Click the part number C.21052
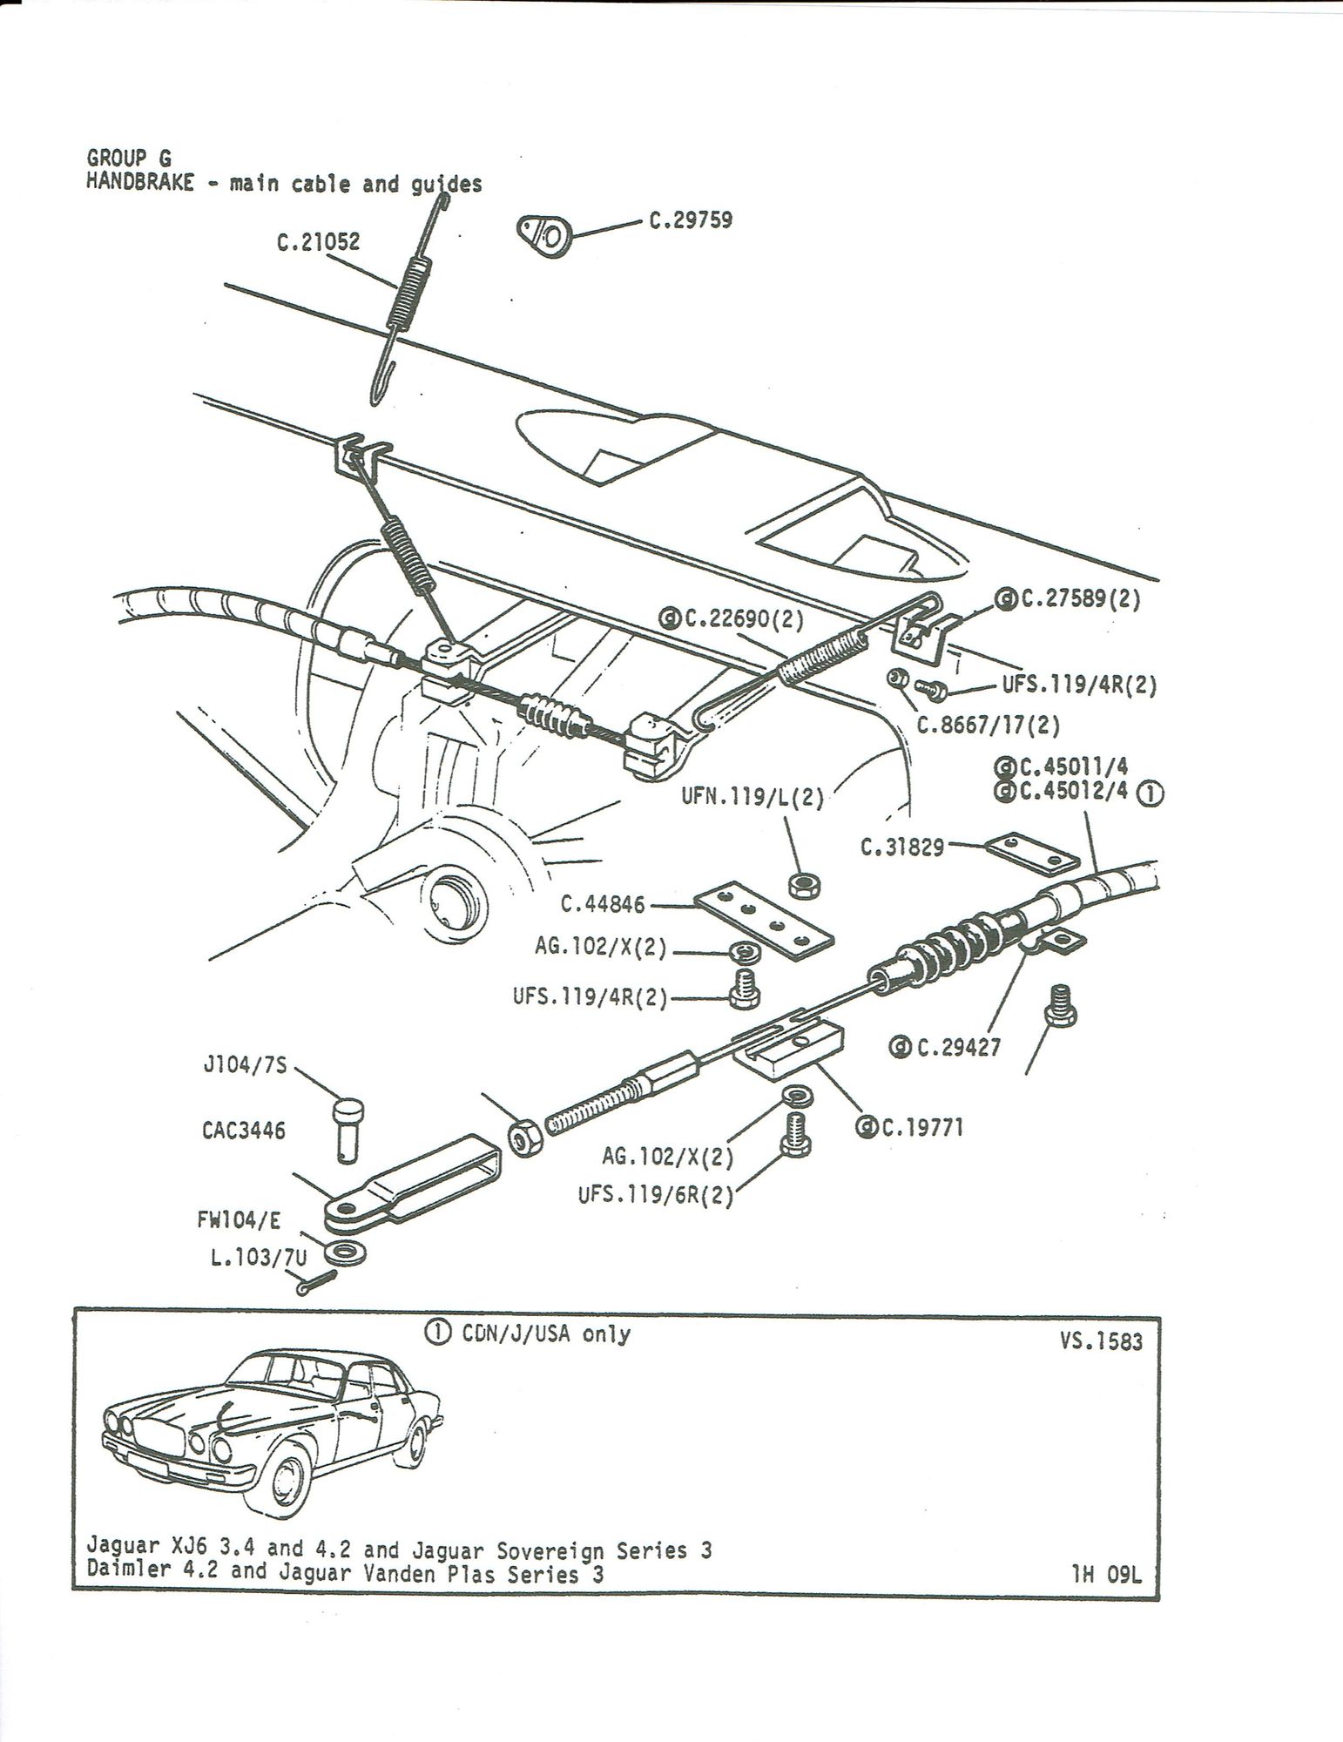(x=318, y=244)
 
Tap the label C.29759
(x=691, y=219)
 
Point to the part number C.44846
(x=603, y=905)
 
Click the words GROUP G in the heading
(x=129, y=158)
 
